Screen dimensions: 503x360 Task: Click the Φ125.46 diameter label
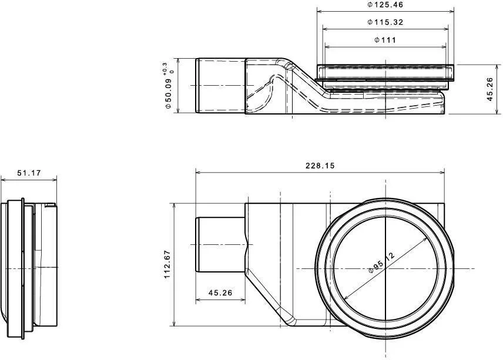(385, 5)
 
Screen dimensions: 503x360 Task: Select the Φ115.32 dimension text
(385, 22)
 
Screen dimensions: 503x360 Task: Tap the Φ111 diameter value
(385, 40)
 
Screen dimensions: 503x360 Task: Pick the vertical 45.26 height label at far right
(490, 89)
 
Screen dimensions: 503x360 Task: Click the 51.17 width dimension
(29, 173)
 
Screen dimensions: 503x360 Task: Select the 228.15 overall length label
(320, 166)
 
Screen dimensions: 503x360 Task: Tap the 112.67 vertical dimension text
(167, 264)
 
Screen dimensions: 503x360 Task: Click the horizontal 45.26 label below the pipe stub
(220, 292)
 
